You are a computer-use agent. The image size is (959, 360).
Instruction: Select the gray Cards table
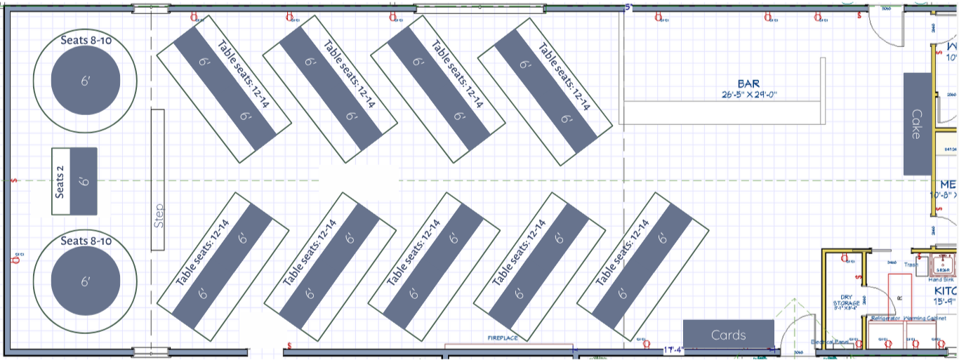click(729, 335)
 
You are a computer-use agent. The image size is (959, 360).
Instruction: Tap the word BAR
click(748, 84)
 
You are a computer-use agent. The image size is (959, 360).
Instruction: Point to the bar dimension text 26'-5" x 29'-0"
click(749, 94)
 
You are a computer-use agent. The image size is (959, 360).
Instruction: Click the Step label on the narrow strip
click(158, 215)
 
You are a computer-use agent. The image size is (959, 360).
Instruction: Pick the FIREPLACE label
click(503, 338)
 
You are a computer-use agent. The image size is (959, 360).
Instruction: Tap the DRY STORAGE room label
click(845, 300)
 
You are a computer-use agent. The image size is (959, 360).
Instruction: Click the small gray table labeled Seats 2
click(84, 181)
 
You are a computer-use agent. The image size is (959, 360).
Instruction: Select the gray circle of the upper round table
click(86, 81)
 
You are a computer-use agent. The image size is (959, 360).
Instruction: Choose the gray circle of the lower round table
click(86, 281)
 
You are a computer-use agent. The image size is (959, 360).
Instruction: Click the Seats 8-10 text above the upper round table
click(86, 40)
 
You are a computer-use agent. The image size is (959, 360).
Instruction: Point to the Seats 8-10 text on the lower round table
click(86, 241)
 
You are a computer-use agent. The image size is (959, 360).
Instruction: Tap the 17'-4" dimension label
click(675, 349)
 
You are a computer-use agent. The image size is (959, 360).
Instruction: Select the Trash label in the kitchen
click(911, 265)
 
